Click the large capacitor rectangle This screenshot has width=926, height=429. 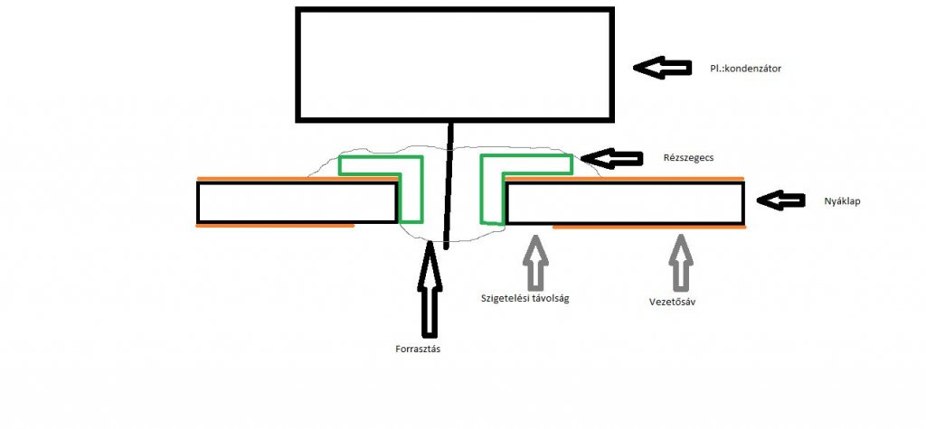tap(454, 64)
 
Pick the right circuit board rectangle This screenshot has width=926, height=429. tap(624, 202)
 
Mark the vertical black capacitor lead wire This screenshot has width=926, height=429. tap(448, 184)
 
